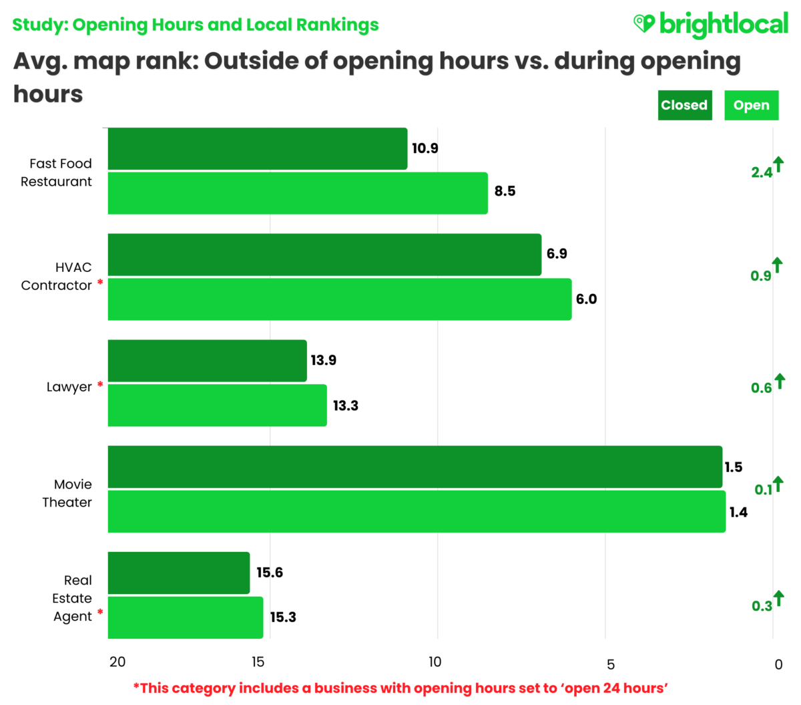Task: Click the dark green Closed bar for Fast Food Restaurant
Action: tap(258, 148)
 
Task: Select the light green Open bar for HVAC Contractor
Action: tap(340, 299)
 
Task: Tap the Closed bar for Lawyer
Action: tap(207, 361)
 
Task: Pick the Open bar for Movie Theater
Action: tap(417, 512)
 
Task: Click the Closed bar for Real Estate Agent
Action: tap(179, 573)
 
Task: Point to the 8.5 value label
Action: tap(505, 191)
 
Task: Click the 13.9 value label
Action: tap(324, 360)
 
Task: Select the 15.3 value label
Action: tap(283, 617)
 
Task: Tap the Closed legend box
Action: tap(684, 106)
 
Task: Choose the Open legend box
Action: tap(751, 106)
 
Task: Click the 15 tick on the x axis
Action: tap(258, 662)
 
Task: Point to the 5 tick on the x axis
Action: tap(610, 664)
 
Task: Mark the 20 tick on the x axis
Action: tap(117, 662)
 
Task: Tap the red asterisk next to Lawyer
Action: tap(100, 386)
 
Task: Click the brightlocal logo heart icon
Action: tap(643, 24)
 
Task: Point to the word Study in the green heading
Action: tap(39, 25)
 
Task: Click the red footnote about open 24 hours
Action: tap(400, 688)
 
